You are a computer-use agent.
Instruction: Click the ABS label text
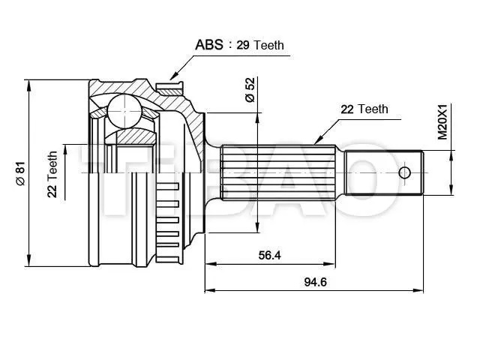[209, 45]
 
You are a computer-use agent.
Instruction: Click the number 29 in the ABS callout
[243, 45]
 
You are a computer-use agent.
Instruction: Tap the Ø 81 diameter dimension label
[20, 173]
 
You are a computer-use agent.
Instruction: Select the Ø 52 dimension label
[250, 90]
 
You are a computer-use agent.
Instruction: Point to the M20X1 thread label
[442, 121]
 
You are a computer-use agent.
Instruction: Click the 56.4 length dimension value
[269, 255]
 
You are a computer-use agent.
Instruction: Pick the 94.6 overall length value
[315, 282]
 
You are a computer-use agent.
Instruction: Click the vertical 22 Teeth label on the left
[52, 174]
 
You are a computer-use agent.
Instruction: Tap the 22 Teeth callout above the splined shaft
[364, 109]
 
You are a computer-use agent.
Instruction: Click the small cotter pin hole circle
[404, 173]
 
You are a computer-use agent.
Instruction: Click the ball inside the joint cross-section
[124, 111]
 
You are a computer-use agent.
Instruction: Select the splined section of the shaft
[278, 173]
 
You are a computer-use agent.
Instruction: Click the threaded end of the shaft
[384, 172]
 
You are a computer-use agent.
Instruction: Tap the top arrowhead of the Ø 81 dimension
[29, 85]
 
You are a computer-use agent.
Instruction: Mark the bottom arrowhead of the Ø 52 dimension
[257, 226]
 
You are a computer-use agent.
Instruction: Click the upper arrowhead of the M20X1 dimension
[451, 156]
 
